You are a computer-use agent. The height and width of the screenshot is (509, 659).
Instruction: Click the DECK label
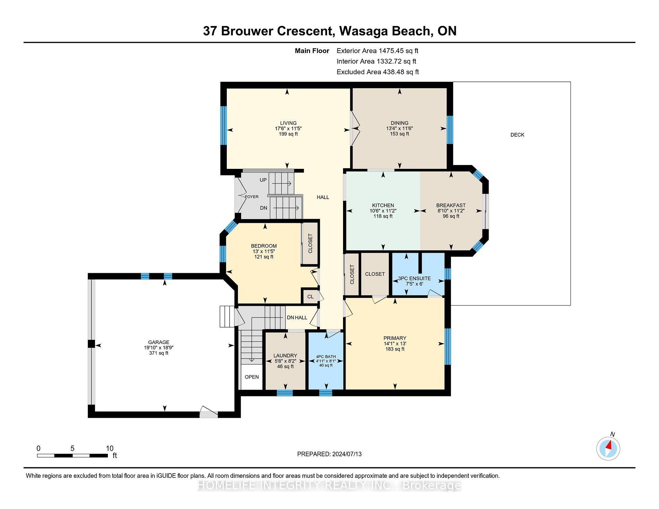[x=517, y=135]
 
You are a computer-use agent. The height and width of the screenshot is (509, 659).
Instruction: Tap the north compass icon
[x=608, y=448]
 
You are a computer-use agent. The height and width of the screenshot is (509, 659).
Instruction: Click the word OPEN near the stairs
[x=252, y=377]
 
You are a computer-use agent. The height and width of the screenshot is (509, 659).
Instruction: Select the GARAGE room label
[x=159, y=342]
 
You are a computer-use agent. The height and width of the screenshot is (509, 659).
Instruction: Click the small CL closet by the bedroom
[x=310, y=296]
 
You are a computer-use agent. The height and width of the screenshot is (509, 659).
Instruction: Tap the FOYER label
[x=252, y=197]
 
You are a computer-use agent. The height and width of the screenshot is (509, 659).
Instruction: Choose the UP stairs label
[x=263, y=180]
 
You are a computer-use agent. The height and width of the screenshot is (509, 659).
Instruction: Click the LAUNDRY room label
[x=285, y=355]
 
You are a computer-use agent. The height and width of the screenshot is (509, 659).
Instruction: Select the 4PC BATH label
[x=326, y=356]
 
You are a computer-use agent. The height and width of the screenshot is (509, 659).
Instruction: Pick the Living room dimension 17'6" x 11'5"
[x=288, y=128]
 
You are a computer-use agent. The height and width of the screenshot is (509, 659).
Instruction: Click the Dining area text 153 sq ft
[x=400, y=134]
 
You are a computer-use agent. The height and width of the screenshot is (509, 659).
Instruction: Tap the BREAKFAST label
[x=451, y=205]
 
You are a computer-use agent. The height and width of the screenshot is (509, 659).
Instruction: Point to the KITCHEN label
[x=383, y=205]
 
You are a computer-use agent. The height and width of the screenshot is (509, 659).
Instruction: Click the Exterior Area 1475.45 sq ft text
[x=377, y=51]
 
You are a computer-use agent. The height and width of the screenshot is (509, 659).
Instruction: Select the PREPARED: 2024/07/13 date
[x=329, y=454]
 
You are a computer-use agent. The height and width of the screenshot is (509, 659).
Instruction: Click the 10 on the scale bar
[x=110, y=448]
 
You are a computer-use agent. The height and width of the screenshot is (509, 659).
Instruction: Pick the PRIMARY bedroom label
[x=395, y=338]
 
